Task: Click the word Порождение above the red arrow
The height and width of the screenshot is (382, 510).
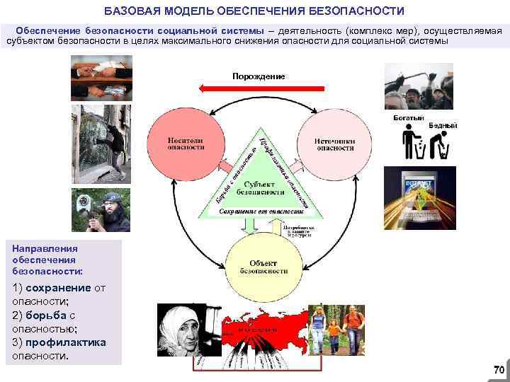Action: [x=259, y=76]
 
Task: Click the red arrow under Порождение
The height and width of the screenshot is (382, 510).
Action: [x=261, y=89]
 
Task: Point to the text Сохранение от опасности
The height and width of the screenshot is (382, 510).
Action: [x=261, y=211]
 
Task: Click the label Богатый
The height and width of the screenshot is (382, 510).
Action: [x=408, y=117]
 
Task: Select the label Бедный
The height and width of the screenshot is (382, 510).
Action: [x=443, y=125]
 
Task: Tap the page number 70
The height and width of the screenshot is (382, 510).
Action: [x=498, y=370]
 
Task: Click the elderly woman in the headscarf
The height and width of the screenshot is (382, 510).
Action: [x=181, y=333]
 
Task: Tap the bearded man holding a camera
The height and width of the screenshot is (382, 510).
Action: [x=101, y=210]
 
